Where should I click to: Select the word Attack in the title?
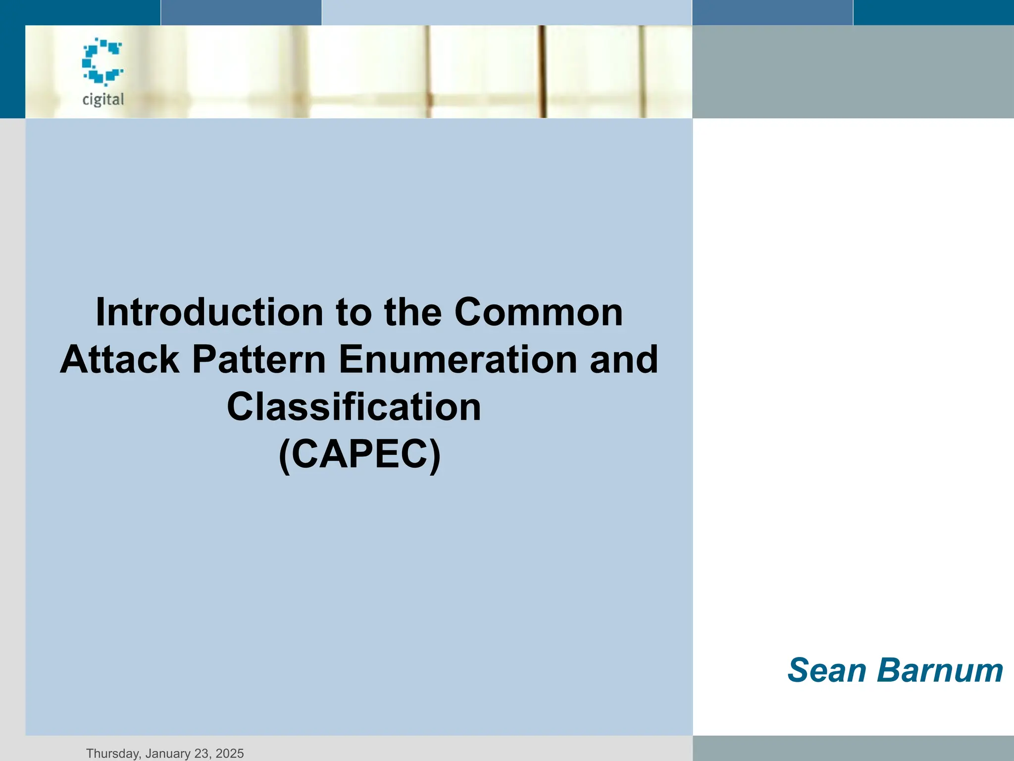click(119, 359)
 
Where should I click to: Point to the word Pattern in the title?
click(258, 359)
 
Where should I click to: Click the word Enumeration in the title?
click(458, 359)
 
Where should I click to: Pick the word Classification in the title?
click(354, 407)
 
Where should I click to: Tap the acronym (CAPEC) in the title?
click(359, 454)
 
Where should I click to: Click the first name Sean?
click(826, 670)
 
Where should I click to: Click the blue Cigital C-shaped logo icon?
click(102, 61)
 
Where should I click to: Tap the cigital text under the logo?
click(103, 100)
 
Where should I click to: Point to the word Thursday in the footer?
click(112, 754)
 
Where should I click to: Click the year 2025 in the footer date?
click(230, 754)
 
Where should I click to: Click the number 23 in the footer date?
click(201, 754)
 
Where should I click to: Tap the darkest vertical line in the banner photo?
click(543, 72)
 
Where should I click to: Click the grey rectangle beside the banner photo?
click(853, 72)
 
